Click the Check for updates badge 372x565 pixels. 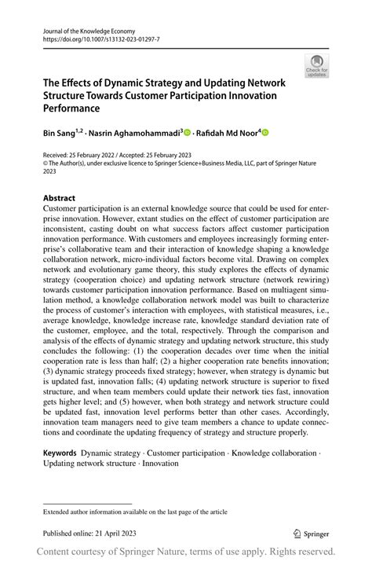pos(316,66)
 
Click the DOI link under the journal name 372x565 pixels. pos(92,37)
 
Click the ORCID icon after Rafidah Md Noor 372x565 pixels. pos(264,133)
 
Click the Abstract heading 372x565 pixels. pos(59,197)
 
